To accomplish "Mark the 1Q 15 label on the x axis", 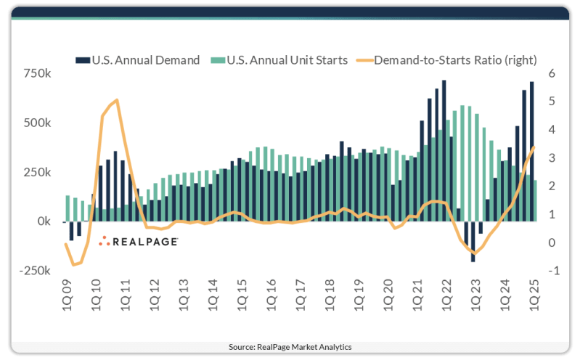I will point(242,298).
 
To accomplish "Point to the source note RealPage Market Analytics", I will point(290,347).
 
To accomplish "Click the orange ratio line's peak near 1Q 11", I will point(117,100).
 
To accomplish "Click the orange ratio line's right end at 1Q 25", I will point(534,147).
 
